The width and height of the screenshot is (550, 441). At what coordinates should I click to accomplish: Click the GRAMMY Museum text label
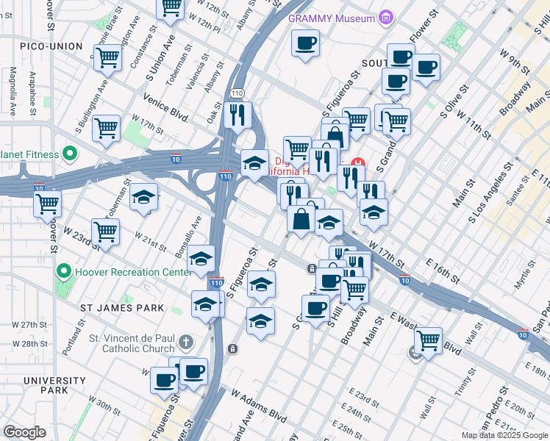(x=331, y=18)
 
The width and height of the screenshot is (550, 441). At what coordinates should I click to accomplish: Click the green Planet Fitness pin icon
(x=70, y=154)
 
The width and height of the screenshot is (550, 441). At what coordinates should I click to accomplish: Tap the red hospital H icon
(x=358, y=162)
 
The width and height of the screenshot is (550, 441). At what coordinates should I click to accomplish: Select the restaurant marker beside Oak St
(x=238, y=115)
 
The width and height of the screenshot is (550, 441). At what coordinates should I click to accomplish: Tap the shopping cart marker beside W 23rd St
(x=106, y=232)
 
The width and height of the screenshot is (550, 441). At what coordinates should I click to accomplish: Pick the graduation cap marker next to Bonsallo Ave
(x=201, y=259)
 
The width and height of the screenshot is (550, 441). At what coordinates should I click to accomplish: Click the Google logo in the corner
(x=25, y=432)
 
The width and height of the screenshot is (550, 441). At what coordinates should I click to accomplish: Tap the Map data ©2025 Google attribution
(x=504, y=435)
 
